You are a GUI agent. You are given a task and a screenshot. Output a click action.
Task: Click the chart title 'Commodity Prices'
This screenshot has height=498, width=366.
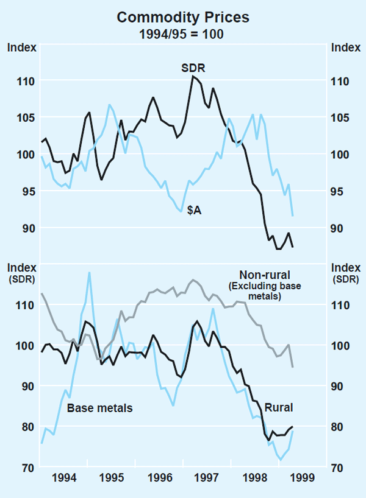tap(183, 18)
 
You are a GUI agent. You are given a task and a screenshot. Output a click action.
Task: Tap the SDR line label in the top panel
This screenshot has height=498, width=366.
tap(193, 67)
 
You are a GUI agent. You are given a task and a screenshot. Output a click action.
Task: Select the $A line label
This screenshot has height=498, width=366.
tap(195, 210)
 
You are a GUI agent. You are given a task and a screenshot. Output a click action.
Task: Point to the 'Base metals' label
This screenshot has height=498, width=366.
tap(99, 408)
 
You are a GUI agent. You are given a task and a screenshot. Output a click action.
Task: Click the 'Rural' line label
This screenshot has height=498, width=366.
tap(278, 408)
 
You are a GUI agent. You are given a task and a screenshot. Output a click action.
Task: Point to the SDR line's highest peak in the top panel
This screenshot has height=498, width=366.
tap(193, 76)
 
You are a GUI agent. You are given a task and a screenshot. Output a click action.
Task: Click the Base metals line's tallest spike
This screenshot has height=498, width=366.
tap(90, 272)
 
